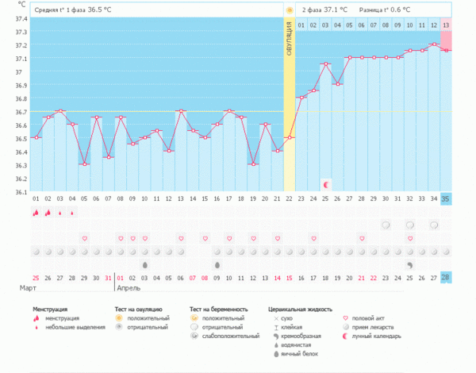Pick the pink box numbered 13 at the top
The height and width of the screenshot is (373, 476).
(x=447, y=25)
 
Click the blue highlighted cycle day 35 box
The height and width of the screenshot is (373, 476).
(x=446, y=198)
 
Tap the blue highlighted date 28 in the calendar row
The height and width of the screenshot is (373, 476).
(x=446, y=277)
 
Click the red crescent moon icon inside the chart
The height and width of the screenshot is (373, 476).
(x=326, y=184)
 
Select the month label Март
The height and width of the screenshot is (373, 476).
(x=28, y=288)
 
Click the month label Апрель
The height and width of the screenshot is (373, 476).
(x=129, y=288)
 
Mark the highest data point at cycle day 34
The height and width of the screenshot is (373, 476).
(x=434, y=44)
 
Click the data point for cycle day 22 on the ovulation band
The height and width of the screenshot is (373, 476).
(x=290, y=138)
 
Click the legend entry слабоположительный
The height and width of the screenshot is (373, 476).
(x=230, y=336)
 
